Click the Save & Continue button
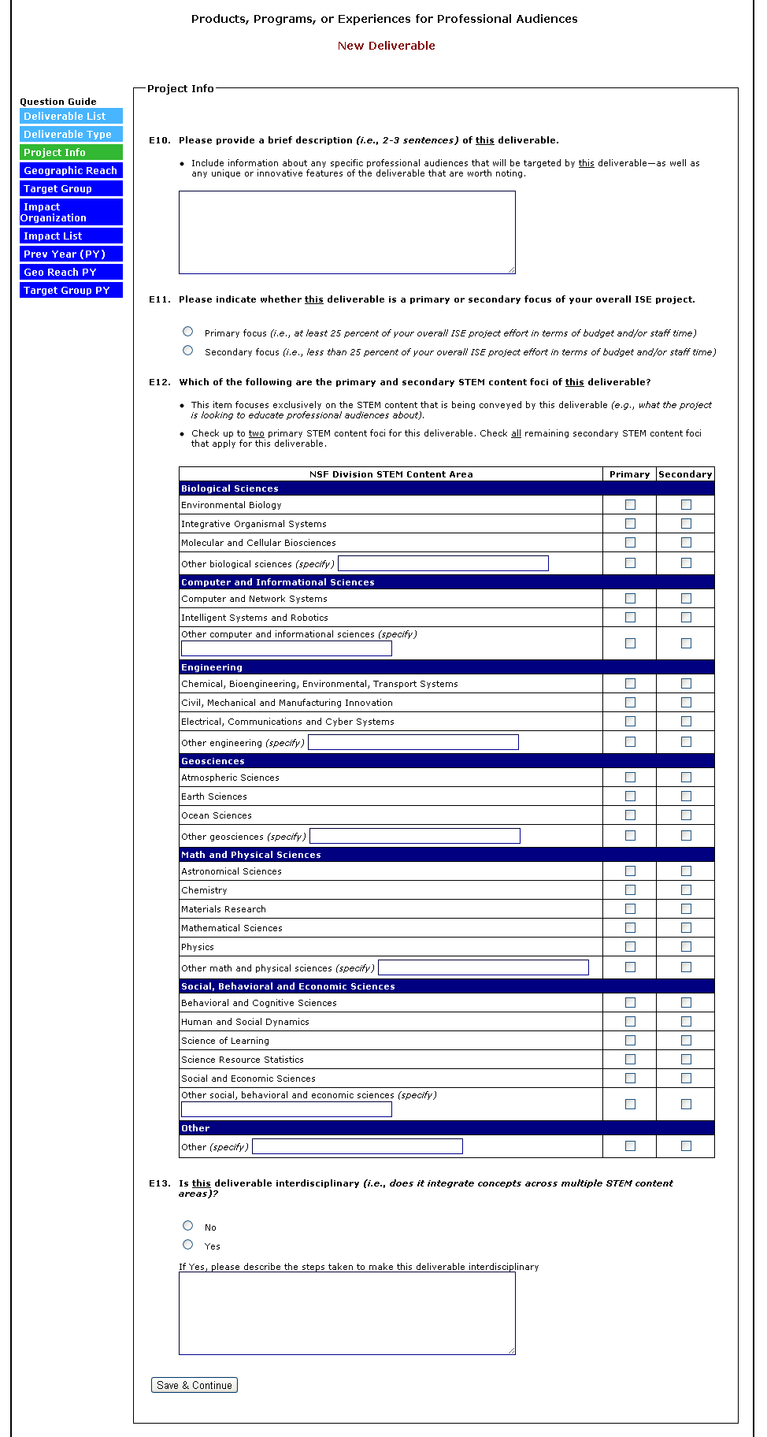coord(194,1385)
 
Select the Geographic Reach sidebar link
coord(71,170)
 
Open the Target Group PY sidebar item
coord(71,290)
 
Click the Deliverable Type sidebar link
coord(71,134)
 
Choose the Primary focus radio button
coord(187,332)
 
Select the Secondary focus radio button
coord(187,351)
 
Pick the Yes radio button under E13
coord(187,1245)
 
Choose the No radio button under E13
coord(187,1226)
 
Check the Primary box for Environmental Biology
coord(630,505)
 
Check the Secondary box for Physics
coord(686,947)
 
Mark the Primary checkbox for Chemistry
coord(630,890)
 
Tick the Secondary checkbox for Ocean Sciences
coord(686,815)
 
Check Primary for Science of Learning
coord(630,1041)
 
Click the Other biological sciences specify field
coord(443,563)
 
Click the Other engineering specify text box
coord(413,742)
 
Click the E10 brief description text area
coord(346,232)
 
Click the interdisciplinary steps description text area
coord(346,1313)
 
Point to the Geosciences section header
coord(213,761)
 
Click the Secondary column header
coord(685,474)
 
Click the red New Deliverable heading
coord(386,46)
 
